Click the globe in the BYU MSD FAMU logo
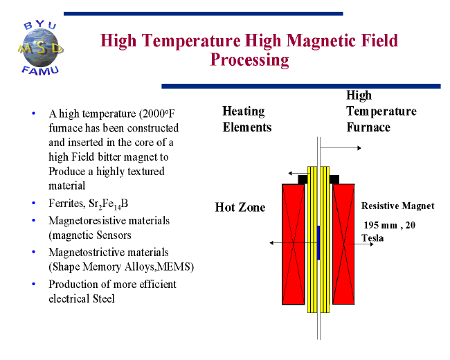coord(42,48)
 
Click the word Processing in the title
coord(249,60)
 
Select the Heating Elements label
coord(247,119)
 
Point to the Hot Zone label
coord(240,207)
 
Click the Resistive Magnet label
coord(398,206)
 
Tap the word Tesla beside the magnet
coord(372,238)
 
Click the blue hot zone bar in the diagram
coord(318,242)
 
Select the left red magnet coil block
coord(294,244)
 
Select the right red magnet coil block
coord(343,244)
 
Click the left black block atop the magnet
coord(303,179)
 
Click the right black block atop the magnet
coord(334,179)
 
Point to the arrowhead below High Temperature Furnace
coord(359,148)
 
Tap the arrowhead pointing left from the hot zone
coord(272,243)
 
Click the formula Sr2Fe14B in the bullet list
coord(109,204)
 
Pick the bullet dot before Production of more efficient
coord(34,284)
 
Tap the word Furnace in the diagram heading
coord(368,127)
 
